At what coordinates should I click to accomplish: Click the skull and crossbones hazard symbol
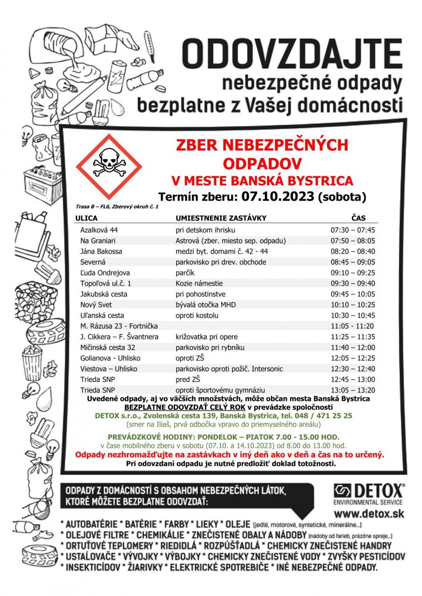point(109,167)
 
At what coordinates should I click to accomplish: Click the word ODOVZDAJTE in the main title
point(292,54)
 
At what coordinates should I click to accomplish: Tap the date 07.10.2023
point(278,196)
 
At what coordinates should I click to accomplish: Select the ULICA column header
point(86,218)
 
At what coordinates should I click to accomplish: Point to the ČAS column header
point(358,218)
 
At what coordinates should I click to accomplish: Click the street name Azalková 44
point(99,230)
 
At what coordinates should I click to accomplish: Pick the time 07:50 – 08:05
point(353,241)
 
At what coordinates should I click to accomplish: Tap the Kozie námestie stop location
point(199,283)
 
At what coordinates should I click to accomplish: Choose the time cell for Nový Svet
point(353,305)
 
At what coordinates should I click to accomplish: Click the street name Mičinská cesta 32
point(107,347)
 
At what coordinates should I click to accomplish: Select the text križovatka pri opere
point(207,337)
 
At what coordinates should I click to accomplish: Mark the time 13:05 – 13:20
point(353,390)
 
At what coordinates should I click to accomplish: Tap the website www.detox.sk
point(369,514)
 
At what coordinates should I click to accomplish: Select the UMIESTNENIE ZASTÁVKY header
point(221,218)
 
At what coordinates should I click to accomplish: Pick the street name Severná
point(93,262)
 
